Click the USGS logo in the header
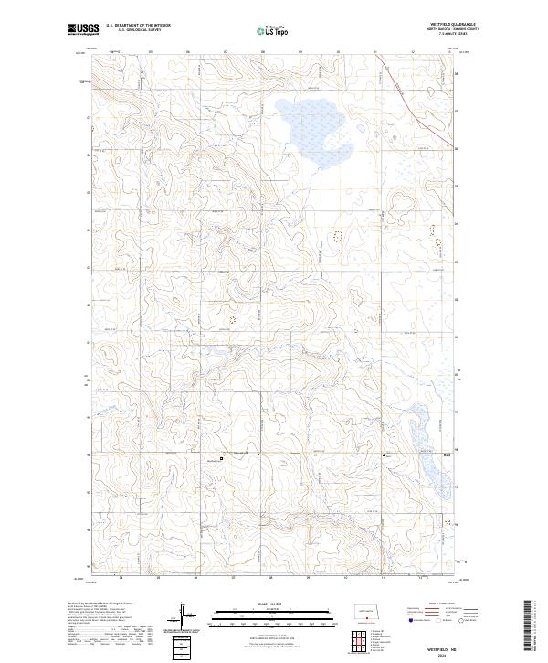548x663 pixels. tap(83, 30)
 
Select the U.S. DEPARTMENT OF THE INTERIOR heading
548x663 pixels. tap(138, 27)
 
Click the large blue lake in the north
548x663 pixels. tap(311, 133)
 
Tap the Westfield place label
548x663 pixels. tap(240, 454)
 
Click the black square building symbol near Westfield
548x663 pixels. tap(220, 458)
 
